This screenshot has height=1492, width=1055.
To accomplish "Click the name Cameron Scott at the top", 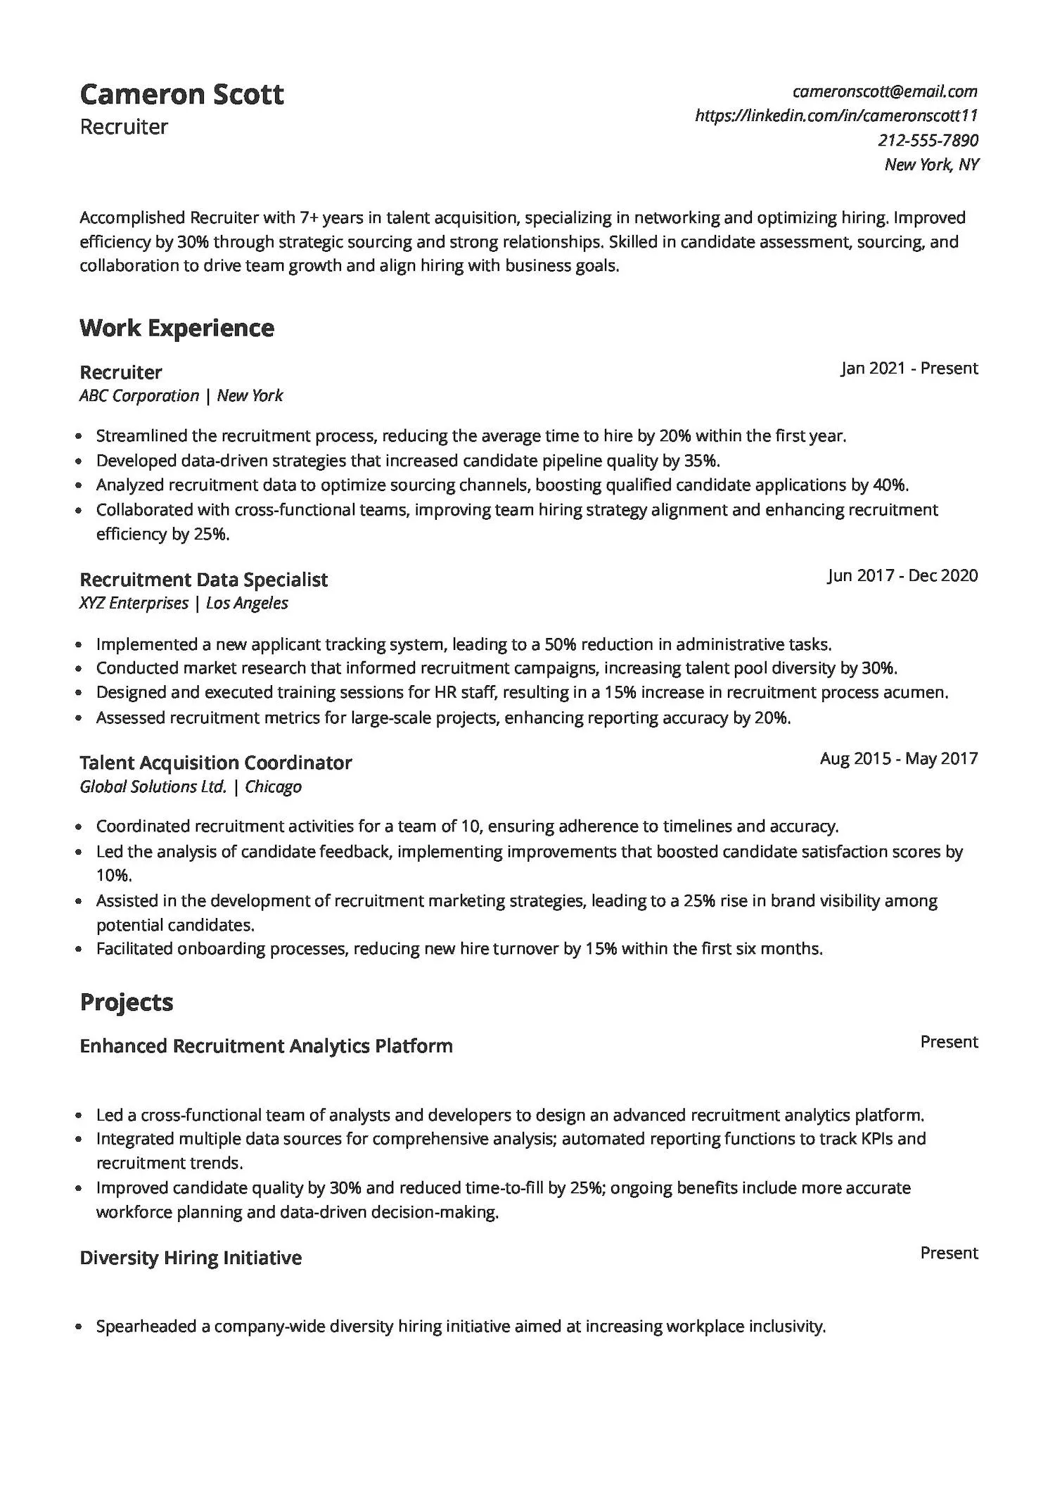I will (181, 94).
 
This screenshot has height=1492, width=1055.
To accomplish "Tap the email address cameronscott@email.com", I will (884, 91).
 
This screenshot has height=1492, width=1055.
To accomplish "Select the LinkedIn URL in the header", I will (836, 115).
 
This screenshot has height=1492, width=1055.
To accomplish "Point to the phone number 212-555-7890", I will (928, 140).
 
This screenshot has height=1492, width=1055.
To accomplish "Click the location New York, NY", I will (931, 165).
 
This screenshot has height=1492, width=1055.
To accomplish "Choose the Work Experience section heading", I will (177, 328).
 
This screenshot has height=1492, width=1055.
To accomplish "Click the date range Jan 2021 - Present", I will (909, 368).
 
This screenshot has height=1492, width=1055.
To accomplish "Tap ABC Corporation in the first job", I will (139, 395).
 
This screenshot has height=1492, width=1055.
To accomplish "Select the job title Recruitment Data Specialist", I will (203, 580).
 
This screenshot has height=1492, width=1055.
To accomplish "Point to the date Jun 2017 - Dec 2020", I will (902, 575).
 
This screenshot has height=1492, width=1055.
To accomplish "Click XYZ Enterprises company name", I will (134, 603).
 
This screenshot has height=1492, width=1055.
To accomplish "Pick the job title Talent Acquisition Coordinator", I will (215, 763).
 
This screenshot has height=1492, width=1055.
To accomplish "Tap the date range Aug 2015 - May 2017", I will (898, 758).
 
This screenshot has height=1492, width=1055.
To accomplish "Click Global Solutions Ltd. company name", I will (153, 786).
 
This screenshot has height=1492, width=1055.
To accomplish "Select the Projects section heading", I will (126, 1002).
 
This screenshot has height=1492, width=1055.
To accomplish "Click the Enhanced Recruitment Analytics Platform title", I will (266, 1046).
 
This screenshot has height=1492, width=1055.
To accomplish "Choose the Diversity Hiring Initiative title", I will (191, 1258).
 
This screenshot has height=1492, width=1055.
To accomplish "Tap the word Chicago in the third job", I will (273, 786).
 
